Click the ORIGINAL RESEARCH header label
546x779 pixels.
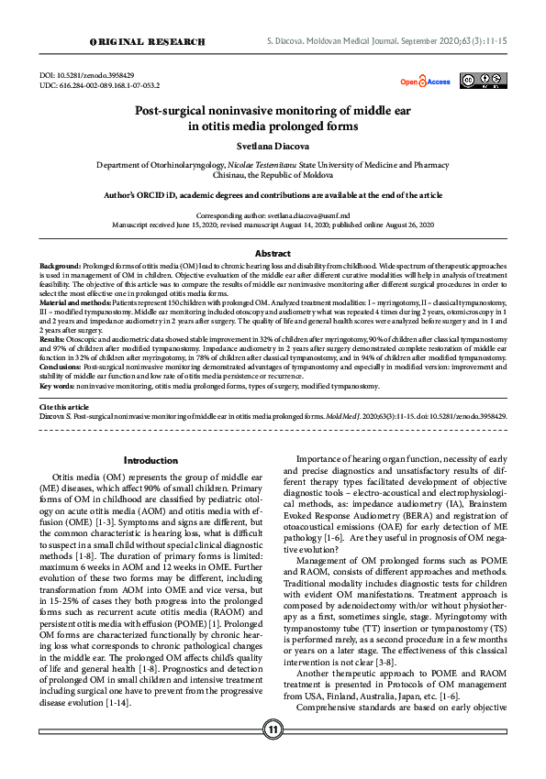146,42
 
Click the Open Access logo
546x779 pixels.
425,82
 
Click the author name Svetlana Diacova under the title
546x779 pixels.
272,145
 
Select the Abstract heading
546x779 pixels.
273,252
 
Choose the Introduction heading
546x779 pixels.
150,460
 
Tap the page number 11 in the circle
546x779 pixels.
273,754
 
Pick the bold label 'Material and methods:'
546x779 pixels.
77,302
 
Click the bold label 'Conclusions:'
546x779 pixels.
61,366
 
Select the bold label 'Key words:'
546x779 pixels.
58,386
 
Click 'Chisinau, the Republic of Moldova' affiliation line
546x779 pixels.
272,173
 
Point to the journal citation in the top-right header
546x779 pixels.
384,42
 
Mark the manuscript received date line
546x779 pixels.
273,223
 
